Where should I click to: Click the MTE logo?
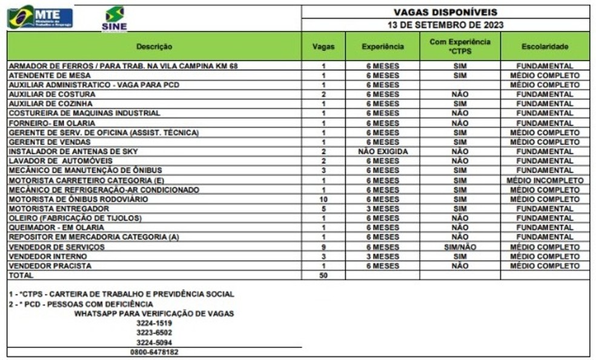(40, 16)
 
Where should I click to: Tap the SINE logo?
(114, 19)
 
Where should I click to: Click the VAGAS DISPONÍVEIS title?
(445, 12)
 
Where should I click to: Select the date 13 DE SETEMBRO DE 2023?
(445, 25)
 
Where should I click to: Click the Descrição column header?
(154, 47)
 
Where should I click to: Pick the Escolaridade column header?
(545, 47)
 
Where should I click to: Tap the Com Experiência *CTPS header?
(460, 47)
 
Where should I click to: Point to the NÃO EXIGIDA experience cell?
(382, 151)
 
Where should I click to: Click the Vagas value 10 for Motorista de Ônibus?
(323, 199)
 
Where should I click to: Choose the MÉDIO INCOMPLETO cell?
(545, 180)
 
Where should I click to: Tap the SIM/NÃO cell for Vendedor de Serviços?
(460, 247)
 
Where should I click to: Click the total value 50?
(323, 275)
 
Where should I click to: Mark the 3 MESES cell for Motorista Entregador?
(382, 208)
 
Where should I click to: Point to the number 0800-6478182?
(154, 352)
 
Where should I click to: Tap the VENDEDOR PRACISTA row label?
(50, 265)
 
